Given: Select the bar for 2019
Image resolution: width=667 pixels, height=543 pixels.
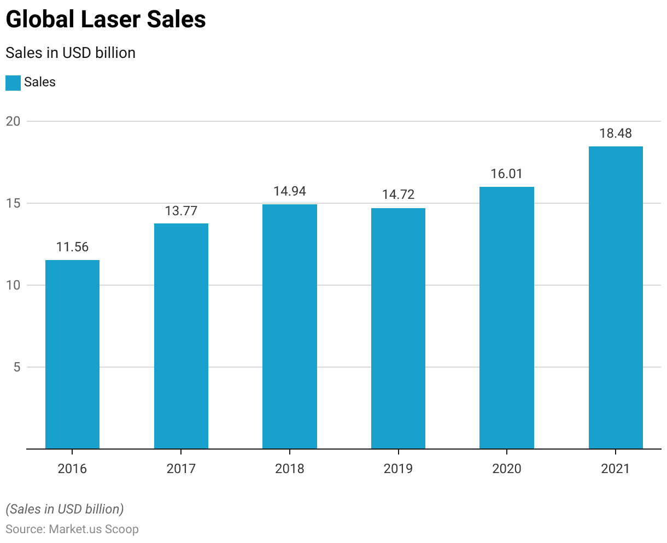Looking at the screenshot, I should pos(398,328).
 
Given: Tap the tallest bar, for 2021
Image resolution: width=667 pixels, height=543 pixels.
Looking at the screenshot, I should pos(616,298).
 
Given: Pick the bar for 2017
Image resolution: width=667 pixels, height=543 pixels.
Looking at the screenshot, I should pos(181,336).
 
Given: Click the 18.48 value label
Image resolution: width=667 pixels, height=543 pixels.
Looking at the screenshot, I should pos(616,134).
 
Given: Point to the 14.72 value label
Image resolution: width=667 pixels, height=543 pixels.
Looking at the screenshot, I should pos(398,195).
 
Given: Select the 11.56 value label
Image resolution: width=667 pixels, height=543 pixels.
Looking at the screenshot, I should pos(72,247).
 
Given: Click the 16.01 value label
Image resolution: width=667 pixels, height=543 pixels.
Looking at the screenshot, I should pos(506,174).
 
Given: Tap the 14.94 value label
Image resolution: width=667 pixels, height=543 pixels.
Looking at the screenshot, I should pos(290,192).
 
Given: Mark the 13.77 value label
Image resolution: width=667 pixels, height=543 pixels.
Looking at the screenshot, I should pos(181,211).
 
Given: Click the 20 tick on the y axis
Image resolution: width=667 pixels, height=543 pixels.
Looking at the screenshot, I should pos(13,121).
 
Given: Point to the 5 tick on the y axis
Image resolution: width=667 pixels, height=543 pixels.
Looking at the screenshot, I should pos(17,367).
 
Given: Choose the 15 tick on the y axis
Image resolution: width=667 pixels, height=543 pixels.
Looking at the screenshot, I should pos(13,203).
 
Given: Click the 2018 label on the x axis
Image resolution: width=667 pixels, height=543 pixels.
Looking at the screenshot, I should pos(290,469).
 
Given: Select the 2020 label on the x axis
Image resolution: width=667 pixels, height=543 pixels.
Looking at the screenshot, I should pos(506,469).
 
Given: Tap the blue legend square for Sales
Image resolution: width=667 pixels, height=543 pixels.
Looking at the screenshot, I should pos(13,83).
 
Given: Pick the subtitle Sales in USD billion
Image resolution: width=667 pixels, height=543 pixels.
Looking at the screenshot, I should pos(71,53).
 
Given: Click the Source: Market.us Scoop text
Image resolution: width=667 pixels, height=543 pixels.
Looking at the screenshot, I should pos(72,529).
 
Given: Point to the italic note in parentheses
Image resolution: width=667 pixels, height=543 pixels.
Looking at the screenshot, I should pos(65,509).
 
